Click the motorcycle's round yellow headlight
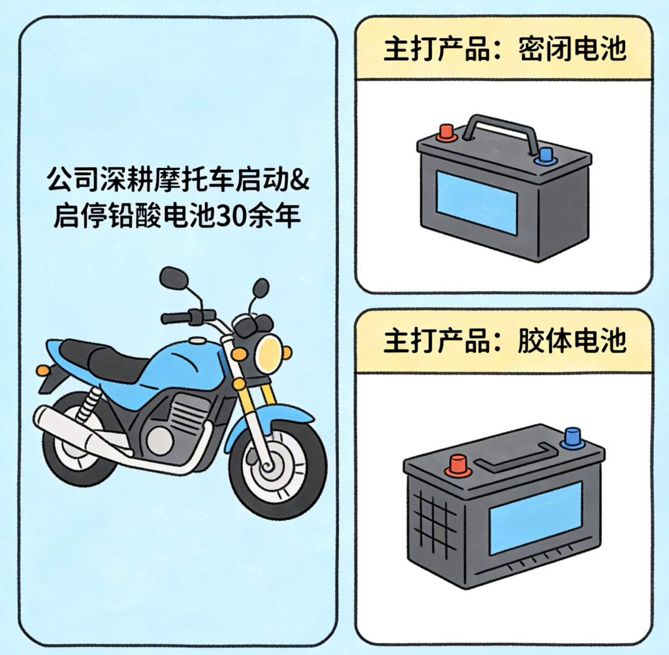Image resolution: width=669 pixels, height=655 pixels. tap(270, 350)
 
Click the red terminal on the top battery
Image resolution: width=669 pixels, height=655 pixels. tap(445, 132)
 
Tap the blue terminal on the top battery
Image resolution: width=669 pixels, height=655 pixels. tap(545, 155)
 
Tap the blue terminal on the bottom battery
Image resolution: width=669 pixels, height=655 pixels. tap(571, 438)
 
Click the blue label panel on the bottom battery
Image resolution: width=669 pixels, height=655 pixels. tap(536, 517)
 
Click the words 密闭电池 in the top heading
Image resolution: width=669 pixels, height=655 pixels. tap(571, 49)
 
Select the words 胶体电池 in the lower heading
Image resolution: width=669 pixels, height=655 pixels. tap(571, 340)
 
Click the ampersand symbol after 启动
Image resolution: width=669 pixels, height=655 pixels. tap(300, 181)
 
